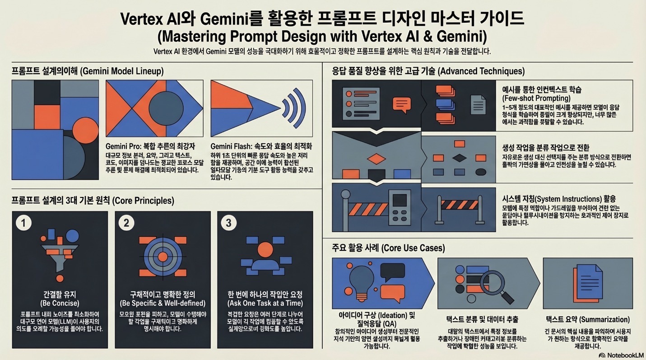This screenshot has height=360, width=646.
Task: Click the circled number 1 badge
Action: pyautogui.click(x=23, y=223)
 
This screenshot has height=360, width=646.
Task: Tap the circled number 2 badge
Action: pyautogui.click(x=126, y=223)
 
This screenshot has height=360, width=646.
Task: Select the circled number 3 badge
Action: pyautogui.click(x=229, y=223)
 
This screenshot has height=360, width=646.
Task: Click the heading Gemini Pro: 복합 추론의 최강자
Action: pyautogui.click(x=150, y=146)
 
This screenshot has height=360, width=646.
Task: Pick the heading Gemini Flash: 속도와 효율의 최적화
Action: pyautogui.click(x=261, y=146)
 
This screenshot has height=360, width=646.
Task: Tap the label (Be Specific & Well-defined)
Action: pyautogui.click(x=163, y=303)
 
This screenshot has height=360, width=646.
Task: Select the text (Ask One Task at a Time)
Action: pyautogui.click(x=265, y=303)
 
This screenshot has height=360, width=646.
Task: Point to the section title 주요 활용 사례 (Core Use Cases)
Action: pyautogui.click(x=388, y=248)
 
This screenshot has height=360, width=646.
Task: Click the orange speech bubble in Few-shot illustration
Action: pyautogui.click(x=401, y=104)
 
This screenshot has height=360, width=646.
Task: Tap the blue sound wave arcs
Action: pyautogui.click(x=295, y=108)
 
